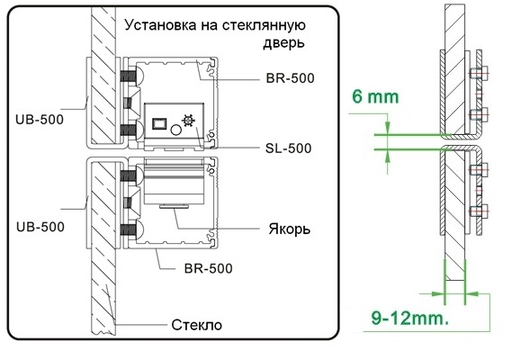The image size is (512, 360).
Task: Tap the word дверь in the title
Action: point(283,43)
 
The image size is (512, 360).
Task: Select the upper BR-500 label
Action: point(290,78)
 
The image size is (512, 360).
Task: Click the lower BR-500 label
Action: point(209,268)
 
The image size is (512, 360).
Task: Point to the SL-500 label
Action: point(288,148)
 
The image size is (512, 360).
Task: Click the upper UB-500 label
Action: point(40,120)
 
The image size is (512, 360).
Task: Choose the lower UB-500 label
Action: point(40,227)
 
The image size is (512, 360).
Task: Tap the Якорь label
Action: point(290,229)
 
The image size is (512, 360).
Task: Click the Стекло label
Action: point(196,325)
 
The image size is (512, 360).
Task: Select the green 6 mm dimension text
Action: point(375,97)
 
